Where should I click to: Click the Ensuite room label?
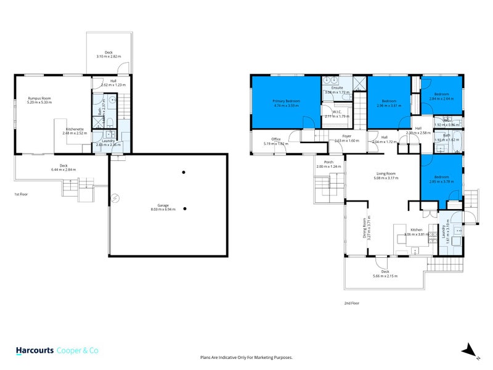tap(336, 88)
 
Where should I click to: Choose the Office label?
tap(276, 139)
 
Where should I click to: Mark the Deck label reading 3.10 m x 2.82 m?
tap(108, 54)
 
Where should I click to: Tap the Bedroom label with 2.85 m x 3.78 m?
tap(441, 178)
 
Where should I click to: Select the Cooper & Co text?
tap(78, 350)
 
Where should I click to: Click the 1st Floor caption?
tap(22, 194)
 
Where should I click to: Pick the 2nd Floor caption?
tap(351, 303)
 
